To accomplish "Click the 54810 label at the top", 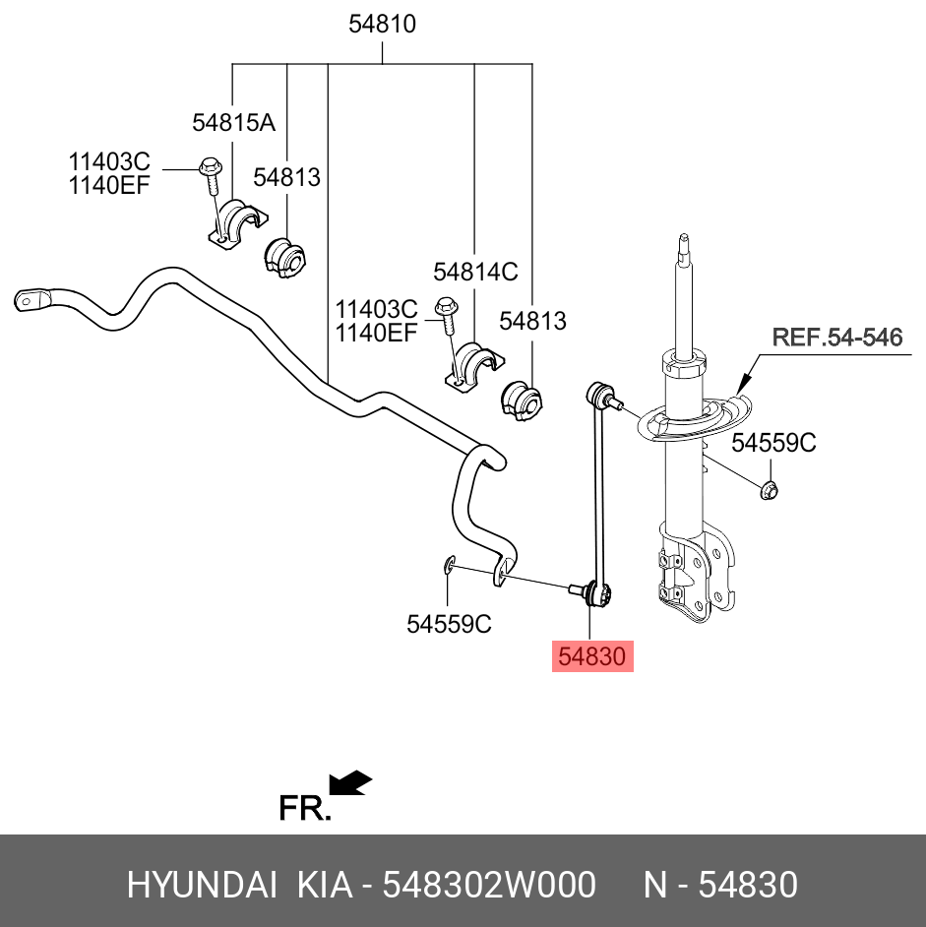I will point(382,26).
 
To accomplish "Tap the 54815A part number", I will point(233,123).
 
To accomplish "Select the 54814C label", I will point(475,272).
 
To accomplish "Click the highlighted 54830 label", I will point(591,656).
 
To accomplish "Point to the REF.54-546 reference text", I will point(836,339).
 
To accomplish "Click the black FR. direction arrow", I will point(350,782).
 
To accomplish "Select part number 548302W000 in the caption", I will point(488,886).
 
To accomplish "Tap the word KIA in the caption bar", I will point(325,886).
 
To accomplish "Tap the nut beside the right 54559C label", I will point(770,487).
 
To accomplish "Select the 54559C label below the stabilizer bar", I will point(449,624).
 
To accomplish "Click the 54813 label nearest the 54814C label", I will point(532,321).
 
